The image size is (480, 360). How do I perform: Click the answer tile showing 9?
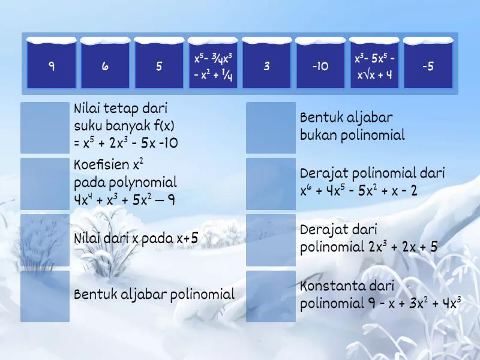click(x=52, y=66)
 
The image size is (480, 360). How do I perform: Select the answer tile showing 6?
click(x=105, y=66)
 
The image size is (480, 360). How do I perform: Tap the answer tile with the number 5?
click(x=159, y=66)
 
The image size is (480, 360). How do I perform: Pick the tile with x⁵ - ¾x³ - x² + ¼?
click(x=212, y=66)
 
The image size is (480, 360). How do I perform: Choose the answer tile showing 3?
click(x=266, y=66)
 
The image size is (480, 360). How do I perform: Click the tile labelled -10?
click(x=320, y=66)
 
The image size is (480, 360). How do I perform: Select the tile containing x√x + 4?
click(x=374, y=66)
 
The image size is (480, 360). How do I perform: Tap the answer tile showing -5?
click(x=428, y=66)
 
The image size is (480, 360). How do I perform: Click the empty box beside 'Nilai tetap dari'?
click(x=45, y=127)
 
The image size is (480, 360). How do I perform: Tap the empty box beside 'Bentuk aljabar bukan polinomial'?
click(x=271, y=127)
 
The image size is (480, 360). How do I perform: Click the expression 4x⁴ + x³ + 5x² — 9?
click(x=125, y=200)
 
